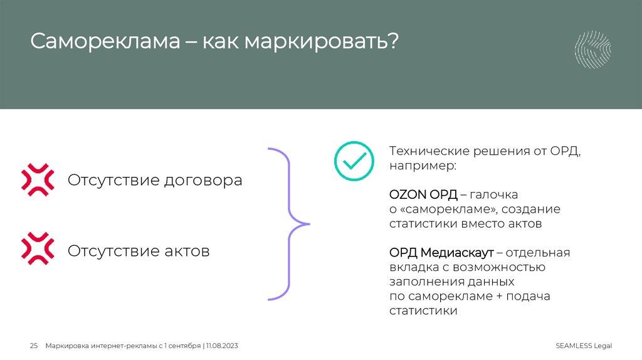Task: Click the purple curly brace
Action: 290,223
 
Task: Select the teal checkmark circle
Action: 353,160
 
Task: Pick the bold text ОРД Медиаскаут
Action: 441,253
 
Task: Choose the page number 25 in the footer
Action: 34,346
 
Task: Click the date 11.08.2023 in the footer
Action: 222,346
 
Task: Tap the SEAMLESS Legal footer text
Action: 583,346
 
